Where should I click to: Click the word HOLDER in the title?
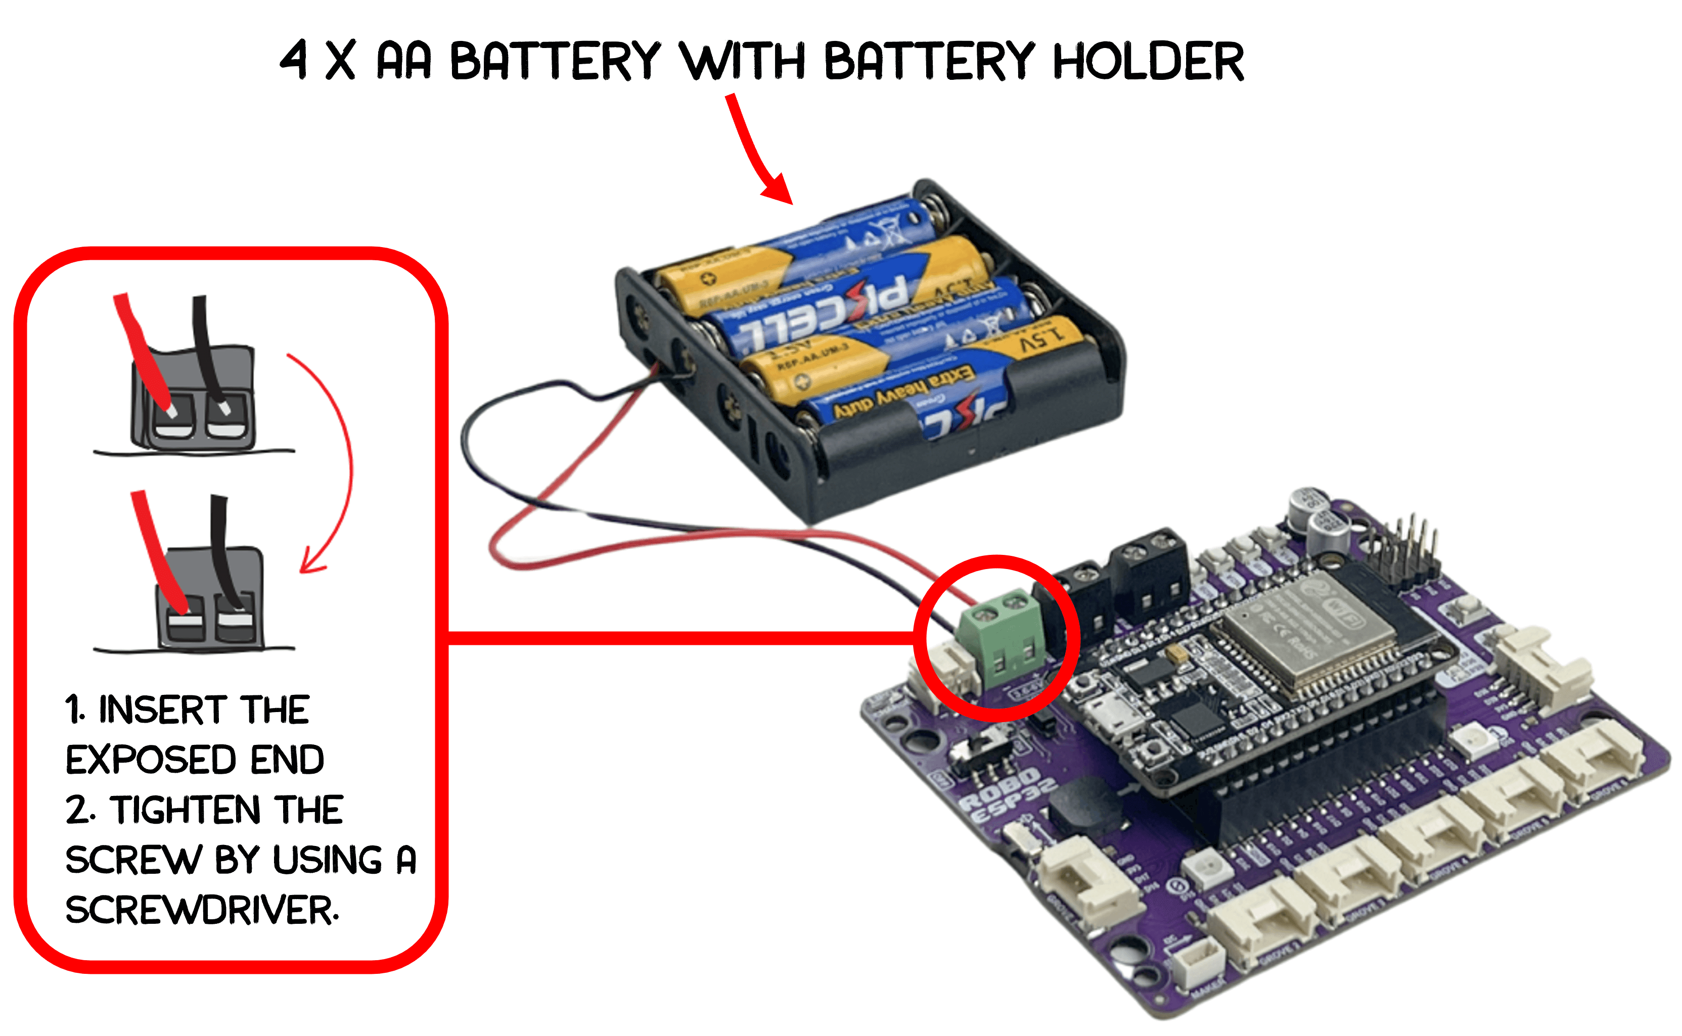[x=1148, y=62]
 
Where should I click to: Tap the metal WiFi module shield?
[x=1289, y=630]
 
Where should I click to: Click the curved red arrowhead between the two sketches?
[x=312, y=562]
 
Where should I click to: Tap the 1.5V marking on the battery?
[x=1042, y=337]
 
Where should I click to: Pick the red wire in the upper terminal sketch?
[x=141, y=349]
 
